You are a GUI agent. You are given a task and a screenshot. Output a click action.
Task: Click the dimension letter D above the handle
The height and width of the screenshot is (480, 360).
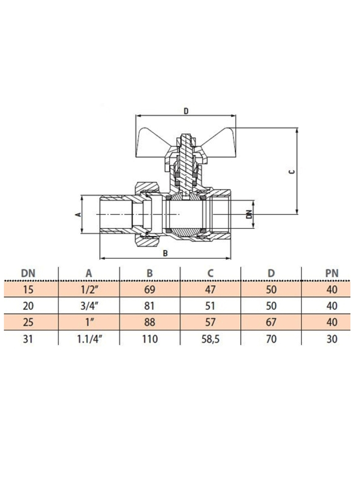click(186, 111)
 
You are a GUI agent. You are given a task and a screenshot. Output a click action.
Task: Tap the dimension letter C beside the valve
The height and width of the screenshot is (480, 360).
click(292, 171)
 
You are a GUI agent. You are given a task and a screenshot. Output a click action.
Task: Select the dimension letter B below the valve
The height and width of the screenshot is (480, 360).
click(165, 254)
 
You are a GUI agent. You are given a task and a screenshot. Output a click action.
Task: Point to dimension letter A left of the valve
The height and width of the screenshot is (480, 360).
click(79, 215)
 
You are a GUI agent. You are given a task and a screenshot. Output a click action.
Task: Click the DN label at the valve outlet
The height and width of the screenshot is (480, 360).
click(249, 215)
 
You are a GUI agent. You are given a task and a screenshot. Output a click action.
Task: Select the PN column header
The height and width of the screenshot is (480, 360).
click(332, 273)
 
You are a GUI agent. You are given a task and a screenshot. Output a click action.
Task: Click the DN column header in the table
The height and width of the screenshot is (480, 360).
click(28, 273)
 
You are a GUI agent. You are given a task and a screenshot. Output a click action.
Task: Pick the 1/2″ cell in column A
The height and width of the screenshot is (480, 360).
click(89, 289)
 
